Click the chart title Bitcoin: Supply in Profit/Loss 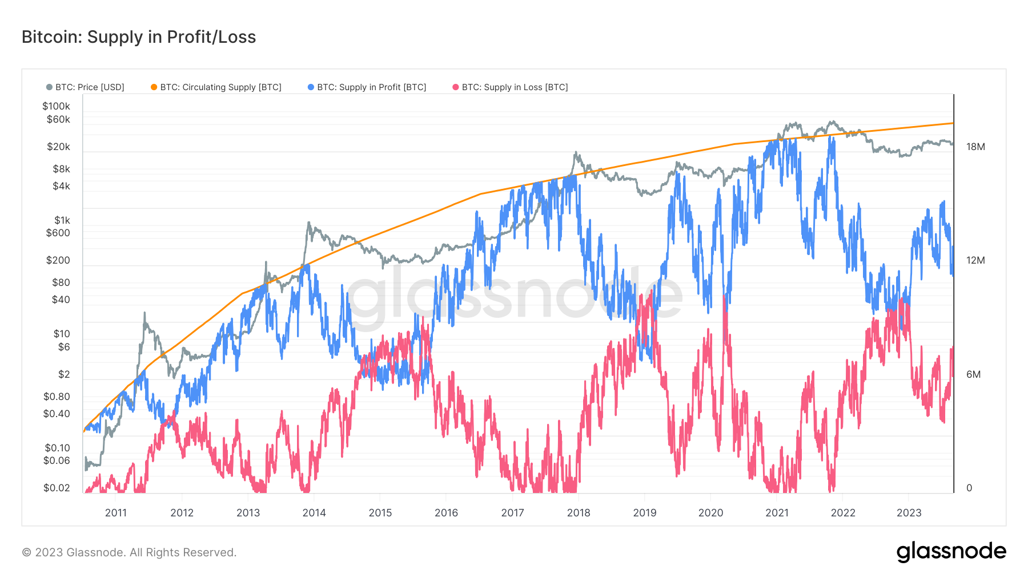(x=139, y=37)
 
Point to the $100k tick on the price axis (x=56, y=106)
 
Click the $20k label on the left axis (x=58, y=147)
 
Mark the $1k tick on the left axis (x=62, y=220)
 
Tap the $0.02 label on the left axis (x=57, y=488)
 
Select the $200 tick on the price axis (x=58, y=260)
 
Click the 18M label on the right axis (x=975, y=147)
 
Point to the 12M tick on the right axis (x=975, y=260)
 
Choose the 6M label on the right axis (x=973, y=374)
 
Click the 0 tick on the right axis (x=969, y=488)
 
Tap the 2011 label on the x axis (x=116, y=512)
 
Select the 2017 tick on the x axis (x=512, y=512)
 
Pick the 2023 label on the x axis (x=909, y=512)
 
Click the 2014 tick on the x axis (x=314, y=512)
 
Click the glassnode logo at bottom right (x=951, y=552)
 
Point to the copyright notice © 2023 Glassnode (x=129, y=552)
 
